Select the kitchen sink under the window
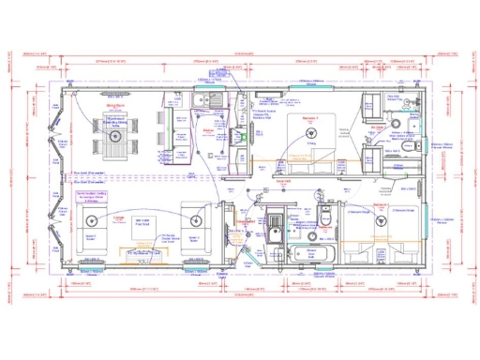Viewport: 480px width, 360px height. point(206,97)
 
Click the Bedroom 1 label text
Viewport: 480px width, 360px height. point(309,119)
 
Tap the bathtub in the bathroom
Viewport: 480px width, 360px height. point(310,253)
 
